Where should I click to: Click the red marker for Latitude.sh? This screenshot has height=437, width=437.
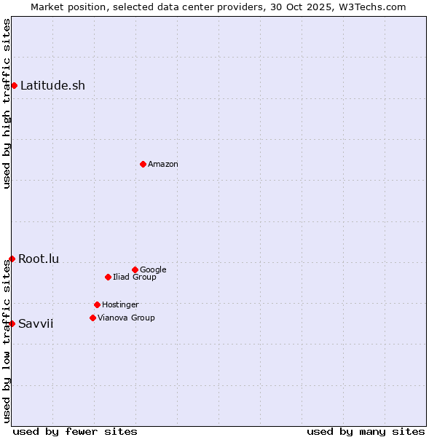coord(14,86)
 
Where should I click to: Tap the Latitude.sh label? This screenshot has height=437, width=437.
coord(52,86)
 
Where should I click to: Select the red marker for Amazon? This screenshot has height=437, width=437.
coord(143,164)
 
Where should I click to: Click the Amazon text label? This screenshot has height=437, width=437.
coord(163,165)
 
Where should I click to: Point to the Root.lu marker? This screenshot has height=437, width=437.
coord(12,259)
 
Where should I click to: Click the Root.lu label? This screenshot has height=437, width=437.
coord(39,259)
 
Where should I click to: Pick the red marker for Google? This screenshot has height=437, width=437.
coord(135,269)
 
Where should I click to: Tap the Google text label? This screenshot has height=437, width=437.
coord(153,270)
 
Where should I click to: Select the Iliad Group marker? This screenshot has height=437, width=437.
coord(108,277)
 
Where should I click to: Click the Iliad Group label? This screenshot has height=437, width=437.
coord(135,277)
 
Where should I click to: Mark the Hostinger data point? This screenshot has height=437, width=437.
coord(97,304)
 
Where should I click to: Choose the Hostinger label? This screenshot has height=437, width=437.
coord(120,305)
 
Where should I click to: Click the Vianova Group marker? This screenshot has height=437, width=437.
coord(92,318)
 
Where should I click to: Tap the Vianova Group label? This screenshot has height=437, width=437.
coord(126,318)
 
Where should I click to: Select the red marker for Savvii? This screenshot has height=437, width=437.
coord(12,323)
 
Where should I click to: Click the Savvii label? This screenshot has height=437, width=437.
coord(36,324)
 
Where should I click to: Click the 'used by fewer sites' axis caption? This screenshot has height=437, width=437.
coord(75,431)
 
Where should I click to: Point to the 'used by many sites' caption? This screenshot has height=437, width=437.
coord(366,431)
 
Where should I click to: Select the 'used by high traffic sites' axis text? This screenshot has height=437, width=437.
coord(7,103)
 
